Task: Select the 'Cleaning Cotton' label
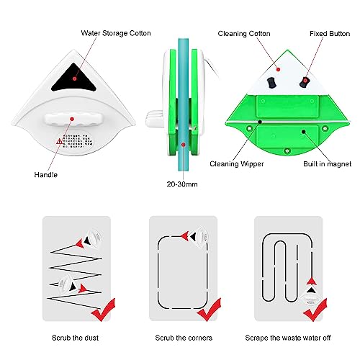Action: (x=245, y=33)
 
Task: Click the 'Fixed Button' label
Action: (x=325, y=33)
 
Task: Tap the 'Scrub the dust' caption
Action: (x=76, y=337)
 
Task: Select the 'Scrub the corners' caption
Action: (x=183, y=337)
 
